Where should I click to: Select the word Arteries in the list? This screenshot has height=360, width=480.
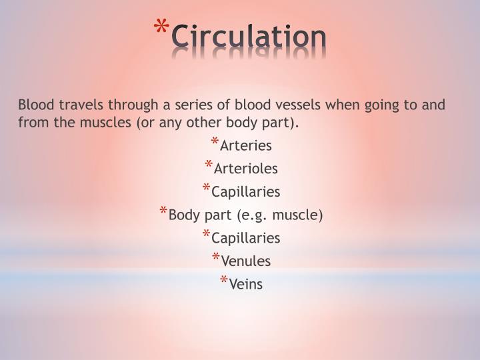(x=246, y=145)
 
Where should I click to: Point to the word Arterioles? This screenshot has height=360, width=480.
(x=246, y=169)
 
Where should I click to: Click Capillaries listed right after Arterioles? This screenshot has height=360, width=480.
(x=246, y=192)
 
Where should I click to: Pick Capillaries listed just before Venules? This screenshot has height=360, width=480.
(x=246, y=238)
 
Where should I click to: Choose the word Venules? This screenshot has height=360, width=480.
(x=247, y=261)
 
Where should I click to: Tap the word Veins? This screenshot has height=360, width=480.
(x=246, y=285)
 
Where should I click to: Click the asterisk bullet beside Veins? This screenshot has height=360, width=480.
(x=223, y=281)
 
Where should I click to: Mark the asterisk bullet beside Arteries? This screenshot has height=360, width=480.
(x=214, y=142)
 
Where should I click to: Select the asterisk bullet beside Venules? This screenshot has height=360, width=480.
(x=217, y=258)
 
